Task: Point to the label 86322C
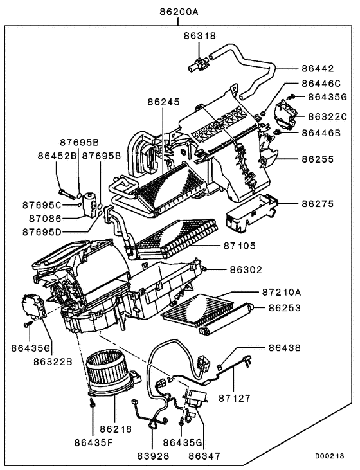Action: tap(327, 116)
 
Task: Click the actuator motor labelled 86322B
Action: tap(32, 305)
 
